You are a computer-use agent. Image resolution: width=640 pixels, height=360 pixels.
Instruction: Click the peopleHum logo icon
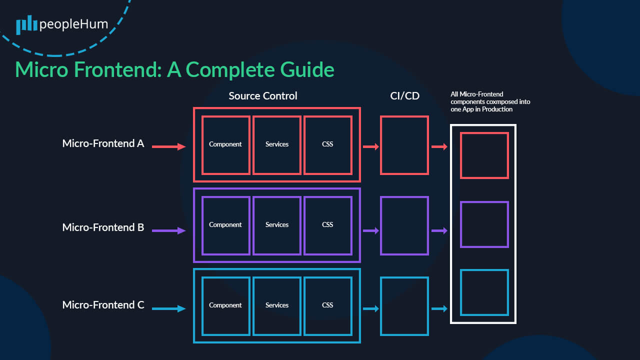point(26,25)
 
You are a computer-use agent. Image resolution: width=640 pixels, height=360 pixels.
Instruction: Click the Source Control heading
point(263,95)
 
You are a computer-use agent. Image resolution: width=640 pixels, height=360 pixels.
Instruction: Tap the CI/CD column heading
point(404,95)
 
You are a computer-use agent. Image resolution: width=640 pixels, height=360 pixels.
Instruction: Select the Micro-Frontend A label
point(103,143)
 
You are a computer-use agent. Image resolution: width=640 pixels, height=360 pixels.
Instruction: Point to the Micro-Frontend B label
point(103,227)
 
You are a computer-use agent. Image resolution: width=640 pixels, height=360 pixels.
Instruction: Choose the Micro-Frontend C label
point(103,305)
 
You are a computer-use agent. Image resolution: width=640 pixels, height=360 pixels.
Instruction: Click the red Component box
point(225,144)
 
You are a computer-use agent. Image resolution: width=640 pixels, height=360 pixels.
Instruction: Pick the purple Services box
point(277,225)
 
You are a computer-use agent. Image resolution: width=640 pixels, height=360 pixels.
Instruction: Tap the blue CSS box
point(328,305)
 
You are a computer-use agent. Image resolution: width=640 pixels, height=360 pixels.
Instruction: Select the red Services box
point(277,144)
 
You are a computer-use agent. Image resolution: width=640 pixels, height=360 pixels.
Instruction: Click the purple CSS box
point(328,225)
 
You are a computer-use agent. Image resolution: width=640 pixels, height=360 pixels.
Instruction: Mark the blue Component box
point(225,305)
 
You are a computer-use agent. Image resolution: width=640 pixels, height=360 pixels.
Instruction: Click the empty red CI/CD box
point(404,145)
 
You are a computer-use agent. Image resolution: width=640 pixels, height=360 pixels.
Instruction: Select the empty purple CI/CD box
point(404,225)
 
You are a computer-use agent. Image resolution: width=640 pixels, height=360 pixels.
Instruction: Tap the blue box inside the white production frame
point(484,292)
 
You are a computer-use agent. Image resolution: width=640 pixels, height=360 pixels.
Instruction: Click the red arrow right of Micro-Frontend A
point(168,146)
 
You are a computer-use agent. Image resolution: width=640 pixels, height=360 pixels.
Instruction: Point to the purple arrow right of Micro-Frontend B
point(168,231)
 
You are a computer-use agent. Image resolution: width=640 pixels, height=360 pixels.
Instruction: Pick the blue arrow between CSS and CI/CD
point(370,309)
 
